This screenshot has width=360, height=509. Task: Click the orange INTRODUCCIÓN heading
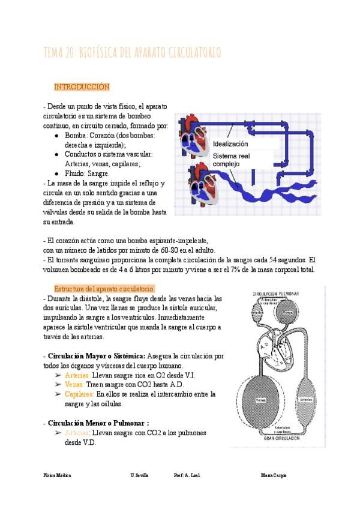click(82, 87)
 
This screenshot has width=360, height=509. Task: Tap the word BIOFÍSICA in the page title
click(105, 53)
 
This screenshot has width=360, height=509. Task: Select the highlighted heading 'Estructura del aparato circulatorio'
click(104, 289)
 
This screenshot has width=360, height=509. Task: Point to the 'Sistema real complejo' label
click(232, 159)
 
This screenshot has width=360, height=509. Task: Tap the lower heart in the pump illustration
click(197, 185)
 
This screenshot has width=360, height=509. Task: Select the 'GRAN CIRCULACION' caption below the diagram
click(277, 438)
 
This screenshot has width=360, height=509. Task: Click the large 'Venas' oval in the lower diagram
click(262, 399)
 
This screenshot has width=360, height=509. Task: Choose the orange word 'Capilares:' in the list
click(79, 394)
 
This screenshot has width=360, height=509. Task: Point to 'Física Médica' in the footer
click(57, 475)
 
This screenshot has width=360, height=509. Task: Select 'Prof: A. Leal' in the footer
click(187, 475)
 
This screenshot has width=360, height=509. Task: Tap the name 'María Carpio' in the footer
click(274, 475)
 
